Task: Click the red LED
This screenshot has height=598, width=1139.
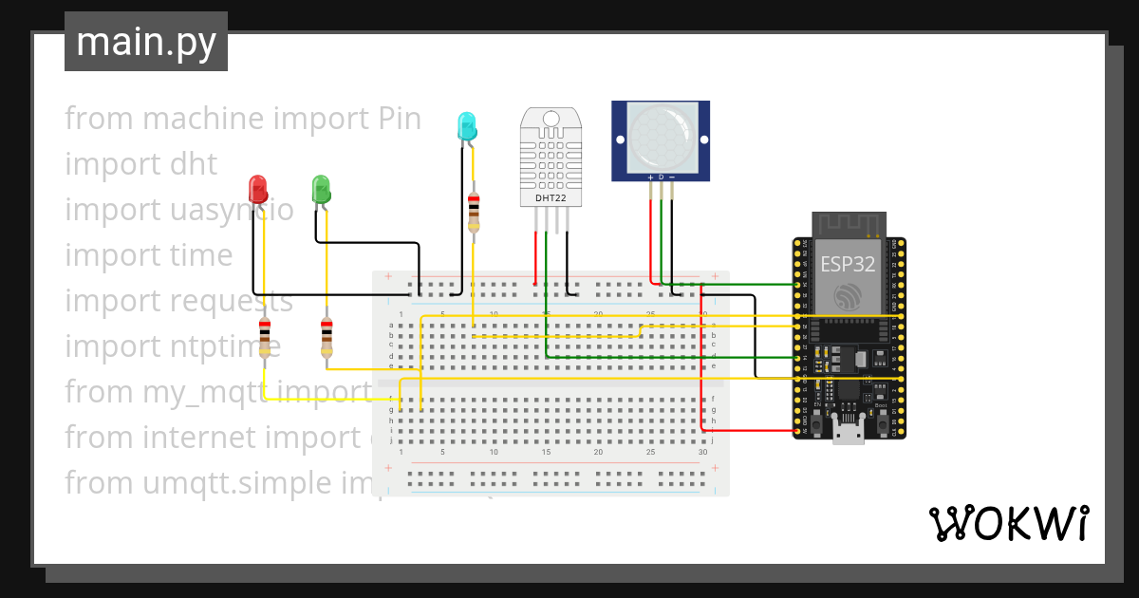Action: pos(256,186)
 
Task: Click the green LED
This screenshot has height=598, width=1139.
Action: pos(321,187)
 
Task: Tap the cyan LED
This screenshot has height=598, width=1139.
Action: pos(466,126)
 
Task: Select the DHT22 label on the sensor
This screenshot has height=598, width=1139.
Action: pos(551,198)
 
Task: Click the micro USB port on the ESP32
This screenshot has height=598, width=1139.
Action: pos(848,433)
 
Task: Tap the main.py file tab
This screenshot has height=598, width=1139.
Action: pos(145,43)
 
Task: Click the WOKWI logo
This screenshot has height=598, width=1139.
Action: pos(1008,523)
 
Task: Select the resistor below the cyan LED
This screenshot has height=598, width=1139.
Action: pos(474,213)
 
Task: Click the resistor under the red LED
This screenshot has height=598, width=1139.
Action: pos(265,338)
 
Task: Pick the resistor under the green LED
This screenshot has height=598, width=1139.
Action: pos(327,338)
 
